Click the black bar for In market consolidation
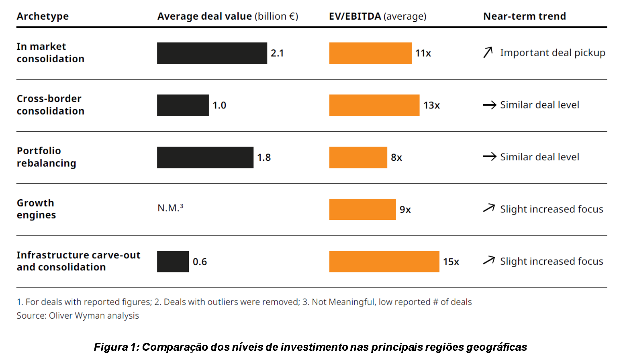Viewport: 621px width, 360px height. pos(212,53)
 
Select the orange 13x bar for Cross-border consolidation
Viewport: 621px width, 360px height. pos(374,105)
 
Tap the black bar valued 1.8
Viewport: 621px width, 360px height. pos(205,157)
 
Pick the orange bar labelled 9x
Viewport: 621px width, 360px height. pos(362,209)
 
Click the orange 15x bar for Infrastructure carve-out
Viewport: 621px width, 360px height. pos(384,262)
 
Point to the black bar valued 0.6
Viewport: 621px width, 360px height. pos(173,262)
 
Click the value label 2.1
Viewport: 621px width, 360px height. pos(277,53)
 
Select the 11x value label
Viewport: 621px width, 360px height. pos(423,53)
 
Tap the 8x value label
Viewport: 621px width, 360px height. pos(396,157)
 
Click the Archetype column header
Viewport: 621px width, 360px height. pos(43,16)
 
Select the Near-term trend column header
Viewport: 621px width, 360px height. pos(524,16)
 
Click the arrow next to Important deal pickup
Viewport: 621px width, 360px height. pos(488,53)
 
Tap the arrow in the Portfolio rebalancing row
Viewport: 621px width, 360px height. pos(489,157)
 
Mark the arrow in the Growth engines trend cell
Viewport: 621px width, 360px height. pos(489,208)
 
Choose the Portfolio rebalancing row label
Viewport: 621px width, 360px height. pos(46,157)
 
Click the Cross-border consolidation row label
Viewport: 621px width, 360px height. pos(50,105)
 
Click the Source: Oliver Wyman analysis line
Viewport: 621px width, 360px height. pos(78,316)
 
